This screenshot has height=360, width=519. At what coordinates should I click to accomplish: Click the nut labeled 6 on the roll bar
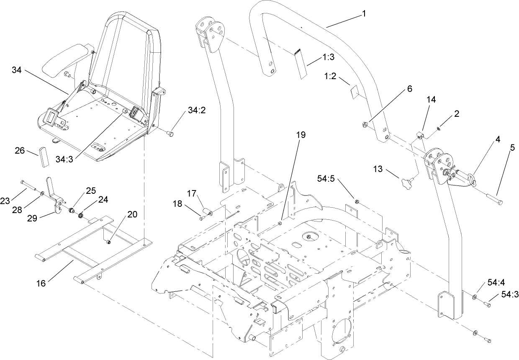(365, 124)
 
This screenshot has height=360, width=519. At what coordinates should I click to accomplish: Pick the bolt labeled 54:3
(488, 305)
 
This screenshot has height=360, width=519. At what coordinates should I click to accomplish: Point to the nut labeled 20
(108, 242)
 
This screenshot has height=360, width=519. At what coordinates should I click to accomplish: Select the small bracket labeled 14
(421, 134)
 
